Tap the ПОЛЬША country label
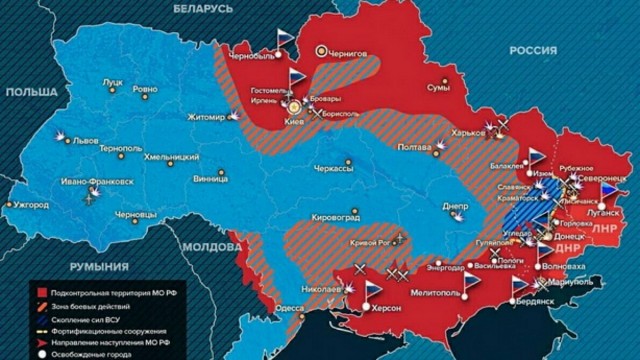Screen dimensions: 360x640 click(x=32, y=91)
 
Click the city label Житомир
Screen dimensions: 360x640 click(x=207, y=118)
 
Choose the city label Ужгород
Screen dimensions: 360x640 click(x=30, y=205)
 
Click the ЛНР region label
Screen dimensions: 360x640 click(x=605, y=228)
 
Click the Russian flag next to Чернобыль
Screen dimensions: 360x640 click(x=286, y=39)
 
